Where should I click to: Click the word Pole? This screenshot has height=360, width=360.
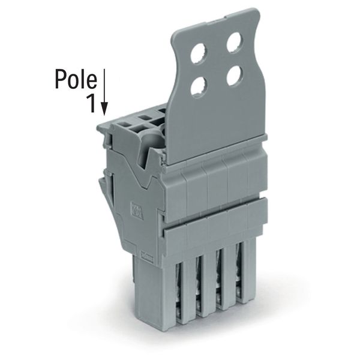pos(76,79)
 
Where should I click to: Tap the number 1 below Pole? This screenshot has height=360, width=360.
pos(91,104)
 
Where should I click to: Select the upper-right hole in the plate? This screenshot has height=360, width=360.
pos(235,43)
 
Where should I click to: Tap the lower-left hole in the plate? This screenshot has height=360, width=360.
pos(199,88)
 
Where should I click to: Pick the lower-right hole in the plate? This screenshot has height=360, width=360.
pos(235,76)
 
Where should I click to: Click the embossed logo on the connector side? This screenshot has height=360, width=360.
pos(136,210)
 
